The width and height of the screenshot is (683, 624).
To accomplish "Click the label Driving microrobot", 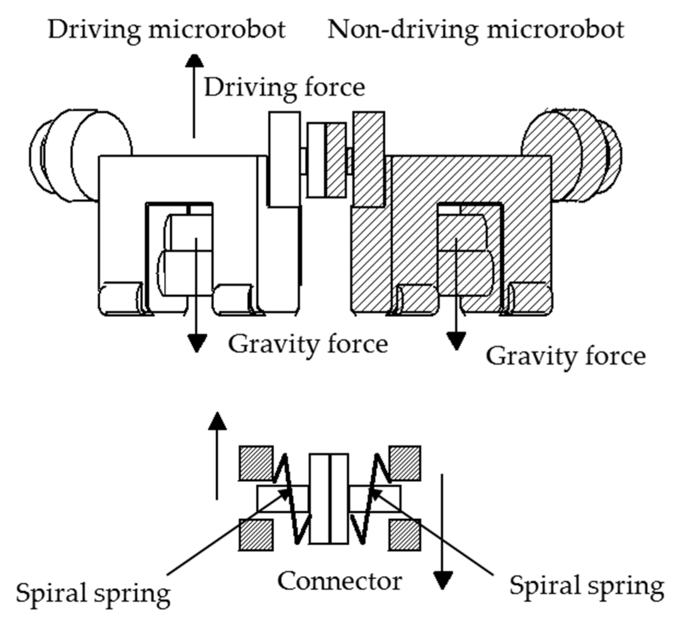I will (x=167, y=30).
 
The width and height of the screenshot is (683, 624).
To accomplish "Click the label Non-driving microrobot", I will (x=476, y=30).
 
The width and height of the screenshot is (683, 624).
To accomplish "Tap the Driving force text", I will (x=284, y=88).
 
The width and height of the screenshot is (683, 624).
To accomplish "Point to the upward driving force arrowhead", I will (x=194, y=61).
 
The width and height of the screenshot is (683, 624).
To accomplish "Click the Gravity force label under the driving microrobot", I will (x=308, y=344).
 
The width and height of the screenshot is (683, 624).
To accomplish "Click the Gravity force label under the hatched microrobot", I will (x=566, y=356).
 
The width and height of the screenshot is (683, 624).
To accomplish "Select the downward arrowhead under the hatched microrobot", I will (x=456, y=341).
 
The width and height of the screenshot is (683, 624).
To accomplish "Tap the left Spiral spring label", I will (x=93, y=593).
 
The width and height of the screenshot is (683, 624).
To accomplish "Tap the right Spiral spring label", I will (x=586, y=586).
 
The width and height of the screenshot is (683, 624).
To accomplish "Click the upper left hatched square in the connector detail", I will (x=256, y=463).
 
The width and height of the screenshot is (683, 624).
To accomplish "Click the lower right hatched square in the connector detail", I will (x=405, y=535).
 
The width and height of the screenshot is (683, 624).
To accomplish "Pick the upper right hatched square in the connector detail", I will (x=405, y=463).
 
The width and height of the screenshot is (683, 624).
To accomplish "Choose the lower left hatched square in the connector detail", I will (x=256, y=535).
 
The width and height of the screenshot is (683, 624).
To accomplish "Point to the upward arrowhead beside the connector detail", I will (x=217, y=421).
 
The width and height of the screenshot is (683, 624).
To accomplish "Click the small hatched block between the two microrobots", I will (x=336, y=160).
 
